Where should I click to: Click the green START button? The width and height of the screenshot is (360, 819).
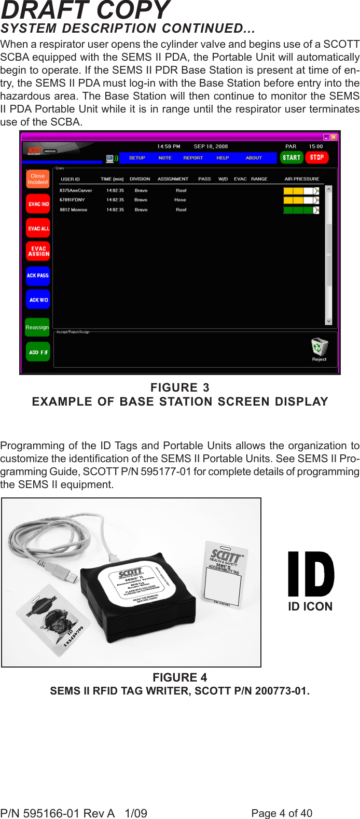point(292,158)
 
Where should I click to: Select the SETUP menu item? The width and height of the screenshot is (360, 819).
point(137,158)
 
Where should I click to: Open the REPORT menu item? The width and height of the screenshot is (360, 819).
point(193,158)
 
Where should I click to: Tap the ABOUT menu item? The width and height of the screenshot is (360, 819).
point(254,158)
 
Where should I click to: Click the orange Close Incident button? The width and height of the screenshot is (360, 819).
point(38,179)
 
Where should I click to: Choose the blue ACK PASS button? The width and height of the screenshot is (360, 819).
point(38,275)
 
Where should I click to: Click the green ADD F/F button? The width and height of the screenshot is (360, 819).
point(38,352)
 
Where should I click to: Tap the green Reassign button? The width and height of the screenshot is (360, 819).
point(37,327)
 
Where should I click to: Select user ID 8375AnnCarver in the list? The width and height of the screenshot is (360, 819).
point(76,190)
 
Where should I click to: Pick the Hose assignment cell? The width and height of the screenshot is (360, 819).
point(180,200)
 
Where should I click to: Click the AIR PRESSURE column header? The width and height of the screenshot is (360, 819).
point(301,179)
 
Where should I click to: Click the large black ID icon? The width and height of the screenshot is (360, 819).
point(311,574)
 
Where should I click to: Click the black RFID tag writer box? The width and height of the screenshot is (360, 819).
point(137,596)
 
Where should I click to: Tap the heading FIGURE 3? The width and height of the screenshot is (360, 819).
point(180,387)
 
